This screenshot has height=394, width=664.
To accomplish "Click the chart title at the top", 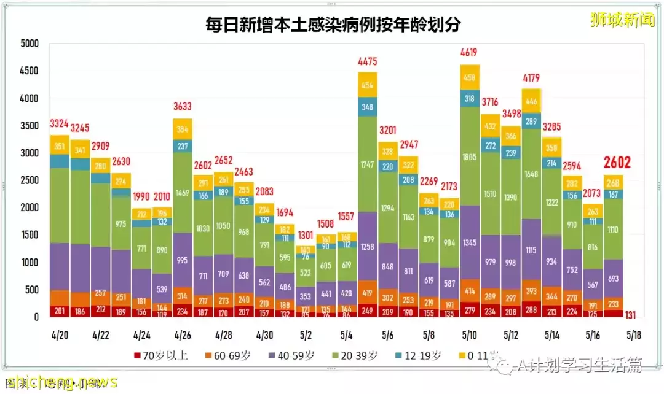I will coord(333,25).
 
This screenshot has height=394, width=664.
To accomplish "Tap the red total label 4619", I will coord(469,53).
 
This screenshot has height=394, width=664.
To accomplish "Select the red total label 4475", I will coord(368,61).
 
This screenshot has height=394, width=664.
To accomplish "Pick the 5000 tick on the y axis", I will coord(30,44).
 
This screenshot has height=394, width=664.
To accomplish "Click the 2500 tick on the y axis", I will coord(30,180).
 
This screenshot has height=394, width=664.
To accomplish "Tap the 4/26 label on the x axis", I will coord(183,336).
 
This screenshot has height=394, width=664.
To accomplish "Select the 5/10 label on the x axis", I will coord(470,336).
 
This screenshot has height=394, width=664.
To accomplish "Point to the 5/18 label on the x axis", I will coord(634,336).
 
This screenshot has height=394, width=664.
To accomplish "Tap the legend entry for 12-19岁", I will coord(422,356).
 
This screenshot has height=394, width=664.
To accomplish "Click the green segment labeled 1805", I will coord(469,156).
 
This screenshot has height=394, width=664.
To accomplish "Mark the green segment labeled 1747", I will coord(368,164).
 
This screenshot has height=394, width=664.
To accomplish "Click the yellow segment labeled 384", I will coord(183,129).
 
